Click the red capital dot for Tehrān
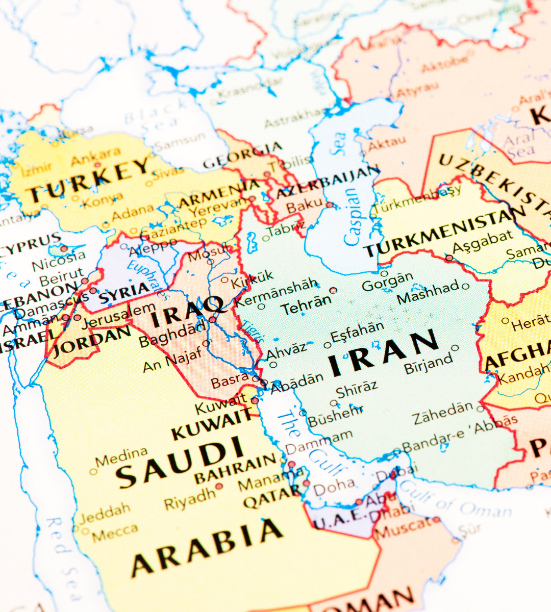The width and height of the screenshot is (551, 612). [333, 290]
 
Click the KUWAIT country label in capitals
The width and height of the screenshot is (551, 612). [212, 426]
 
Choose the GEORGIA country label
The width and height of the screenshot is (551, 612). [242, 156]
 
